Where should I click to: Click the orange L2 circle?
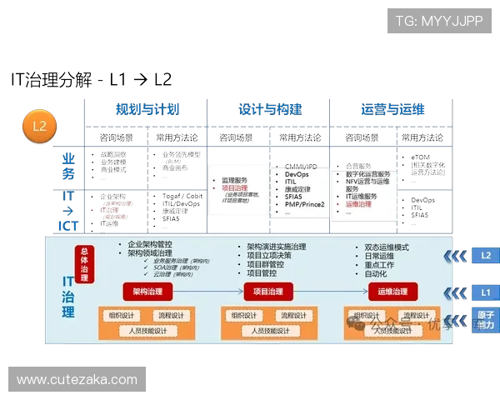(x=38, y=127)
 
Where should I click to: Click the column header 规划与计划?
(x=147, y=109)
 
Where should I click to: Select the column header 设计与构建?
(x=270, y=109)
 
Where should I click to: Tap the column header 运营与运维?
(x=392, y=109)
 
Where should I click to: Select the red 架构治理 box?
(x=147, y=292)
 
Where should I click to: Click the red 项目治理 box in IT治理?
(x=270, y=292)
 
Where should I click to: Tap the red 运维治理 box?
(x=392, y=292)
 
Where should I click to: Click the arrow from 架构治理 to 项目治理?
(x=208, y=292)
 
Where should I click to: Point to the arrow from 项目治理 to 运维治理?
(x=331, y=292)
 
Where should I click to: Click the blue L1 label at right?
(x=485, y=293)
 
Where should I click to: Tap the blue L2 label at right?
(x=485, y=255)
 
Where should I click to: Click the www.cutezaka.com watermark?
(x=77, y=380)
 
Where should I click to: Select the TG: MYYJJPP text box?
(x=439, y=21)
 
